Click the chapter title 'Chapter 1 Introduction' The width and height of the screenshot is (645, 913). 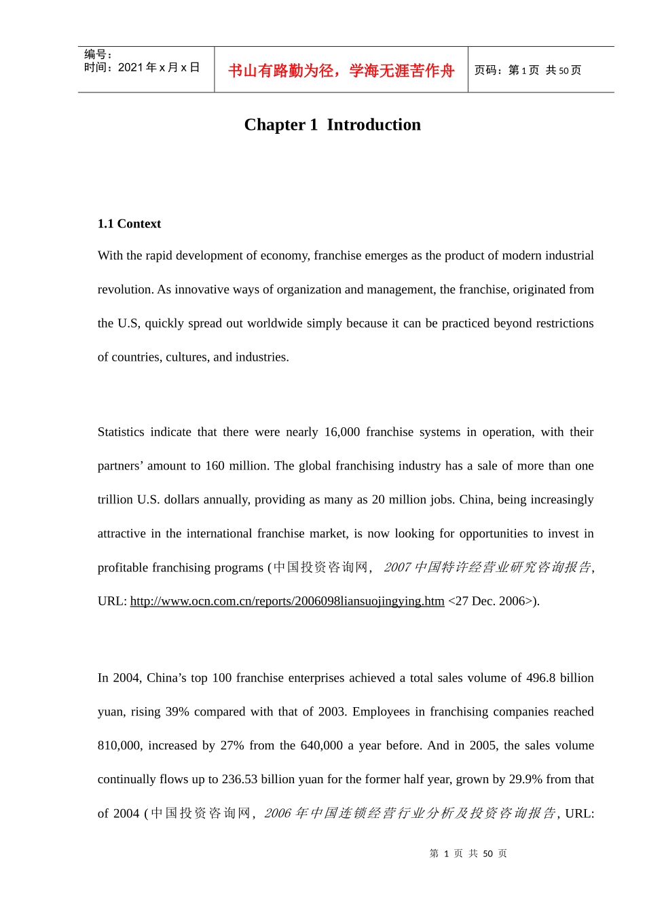[332, 125]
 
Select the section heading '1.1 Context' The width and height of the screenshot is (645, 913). [129, 224]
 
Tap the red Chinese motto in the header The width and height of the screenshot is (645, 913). [341, 71]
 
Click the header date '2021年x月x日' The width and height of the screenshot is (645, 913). [159, 67]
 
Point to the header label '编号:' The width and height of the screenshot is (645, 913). [98, 54]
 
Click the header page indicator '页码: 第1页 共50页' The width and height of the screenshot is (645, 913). [528, 71]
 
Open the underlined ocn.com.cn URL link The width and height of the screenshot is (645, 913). [287, 601]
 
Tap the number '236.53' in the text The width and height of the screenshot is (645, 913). [240, 779]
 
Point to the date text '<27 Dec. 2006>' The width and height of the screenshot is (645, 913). [492, 601]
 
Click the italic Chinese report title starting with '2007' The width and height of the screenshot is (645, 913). [487, 567]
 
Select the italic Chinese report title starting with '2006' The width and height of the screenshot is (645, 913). [410, 813]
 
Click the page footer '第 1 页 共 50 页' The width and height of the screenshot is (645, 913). [468, 854]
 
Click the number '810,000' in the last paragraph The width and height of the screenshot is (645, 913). [119, 745]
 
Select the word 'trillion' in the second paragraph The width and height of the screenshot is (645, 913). [115, 500]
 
